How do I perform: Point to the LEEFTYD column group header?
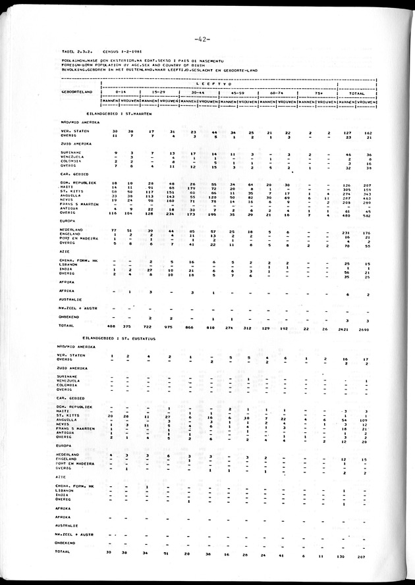pyautogui.click(x=219, y=84)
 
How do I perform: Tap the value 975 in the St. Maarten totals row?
pyautogui.click(x=169, y=326)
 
